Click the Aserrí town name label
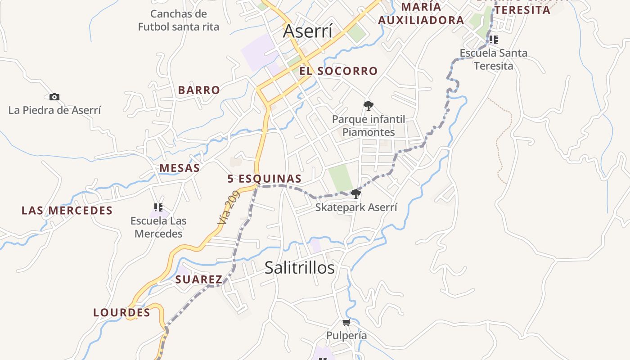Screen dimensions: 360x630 tap(308, 31)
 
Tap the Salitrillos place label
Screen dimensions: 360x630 tap(300, 268)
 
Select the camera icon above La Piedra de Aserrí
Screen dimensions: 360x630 tap(54, 97)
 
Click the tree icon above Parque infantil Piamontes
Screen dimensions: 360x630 tap(369, 106)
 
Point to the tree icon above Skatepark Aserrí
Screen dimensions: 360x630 tap(356, 194)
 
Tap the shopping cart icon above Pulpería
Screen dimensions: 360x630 tap(346, 322)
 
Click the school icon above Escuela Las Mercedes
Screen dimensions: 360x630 tap(158, 207)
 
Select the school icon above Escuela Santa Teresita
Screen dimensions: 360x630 tap(494, 40)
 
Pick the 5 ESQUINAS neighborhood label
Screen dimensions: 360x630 tap(264, 179)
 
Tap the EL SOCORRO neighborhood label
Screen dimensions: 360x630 tap(338, 71)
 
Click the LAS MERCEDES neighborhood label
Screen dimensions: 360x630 tap(67, 211)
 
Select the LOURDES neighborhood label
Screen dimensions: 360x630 tap(121, 312)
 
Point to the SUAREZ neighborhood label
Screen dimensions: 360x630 tap(199, 279)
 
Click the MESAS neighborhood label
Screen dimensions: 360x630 tap(180, 168)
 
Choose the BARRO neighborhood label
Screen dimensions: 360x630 tap(199, 90)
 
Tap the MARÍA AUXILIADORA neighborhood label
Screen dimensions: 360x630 tap(421, 13)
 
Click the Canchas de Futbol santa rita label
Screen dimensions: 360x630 tap(179, 20)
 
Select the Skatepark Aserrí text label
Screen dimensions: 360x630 tap(356, 207)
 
